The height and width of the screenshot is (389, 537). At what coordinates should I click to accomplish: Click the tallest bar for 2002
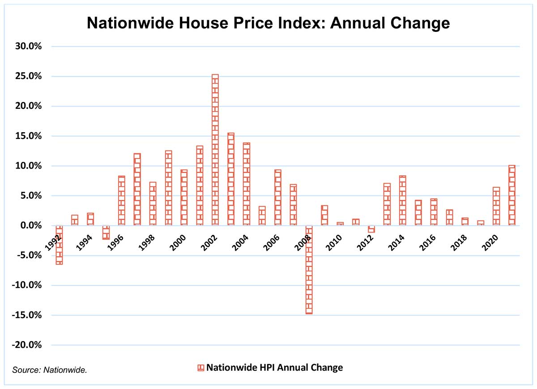click(x=215, y=150)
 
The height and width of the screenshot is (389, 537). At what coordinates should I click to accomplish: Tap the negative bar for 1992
click(x=59, y=245)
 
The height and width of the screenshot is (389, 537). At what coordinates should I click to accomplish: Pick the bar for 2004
click(x=247, y=184)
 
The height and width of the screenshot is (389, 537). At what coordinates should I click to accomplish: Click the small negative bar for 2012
click(x=371, y=229)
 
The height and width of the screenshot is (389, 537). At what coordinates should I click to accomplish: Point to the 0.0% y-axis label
click(x=31, y=226)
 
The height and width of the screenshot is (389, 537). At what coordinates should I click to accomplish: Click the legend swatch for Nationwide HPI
click(x=200, y=368)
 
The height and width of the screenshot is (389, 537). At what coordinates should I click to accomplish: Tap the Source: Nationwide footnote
click(x=50, y=370)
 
